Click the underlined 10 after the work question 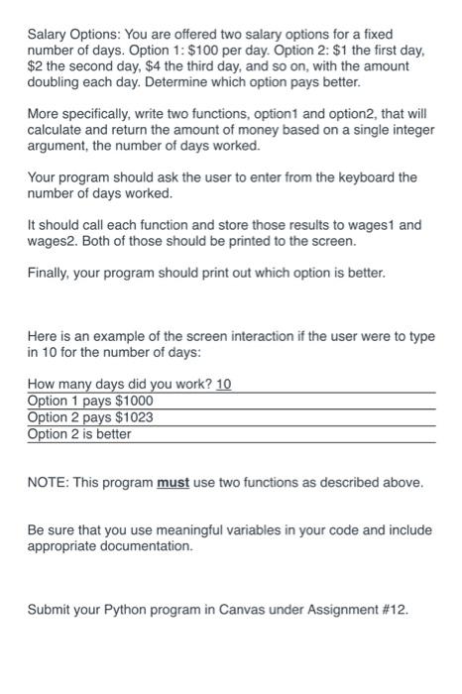[224, 385]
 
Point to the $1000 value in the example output [135, 402]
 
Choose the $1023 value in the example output [135, 417]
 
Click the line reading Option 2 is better [79, 433]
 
